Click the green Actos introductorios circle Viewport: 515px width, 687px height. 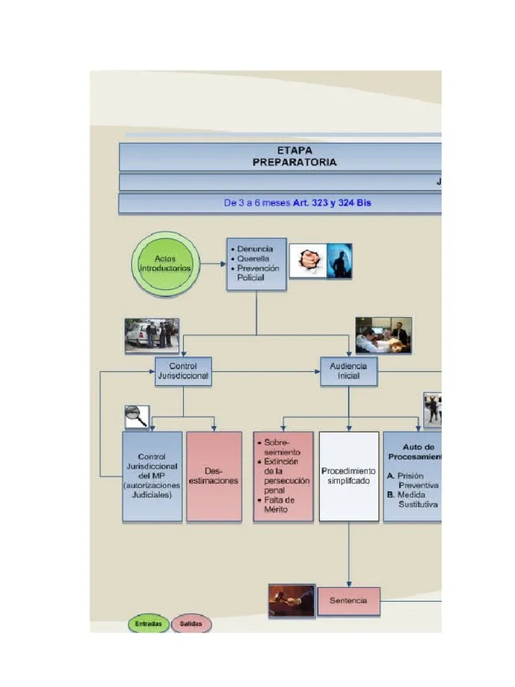coord(164,263)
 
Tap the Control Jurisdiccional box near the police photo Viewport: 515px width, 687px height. coord(183,371)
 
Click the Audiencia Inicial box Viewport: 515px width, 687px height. coord(348,371)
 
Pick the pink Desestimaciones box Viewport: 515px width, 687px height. coord(214,476)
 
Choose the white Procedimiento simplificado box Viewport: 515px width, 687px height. coord(349,476)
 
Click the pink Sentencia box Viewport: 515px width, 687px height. coord(348,600)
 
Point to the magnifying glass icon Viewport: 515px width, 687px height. coord(136,417)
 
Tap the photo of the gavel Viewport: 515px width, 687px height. coord(292,600)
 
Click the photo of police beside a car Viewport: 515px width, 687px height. coord(152,335)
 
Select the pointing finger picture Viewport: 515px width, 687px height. coord(308,260)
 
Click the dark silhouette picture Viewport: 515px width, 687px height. coord(339,260)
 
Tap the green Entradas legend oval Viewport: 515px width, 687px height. coord(148,624)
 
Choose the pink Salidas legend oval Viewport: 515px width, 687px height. coord(191,624)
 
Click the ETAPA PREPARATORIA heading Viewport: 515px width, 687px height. coord(294,156)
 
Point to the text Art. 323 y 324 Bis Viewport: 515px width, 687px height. coord(332,203)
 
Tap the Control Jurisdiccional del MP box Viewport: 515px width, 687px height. coord(152,476)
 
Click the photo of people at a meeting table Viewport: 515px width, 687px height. coord(383,335)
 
